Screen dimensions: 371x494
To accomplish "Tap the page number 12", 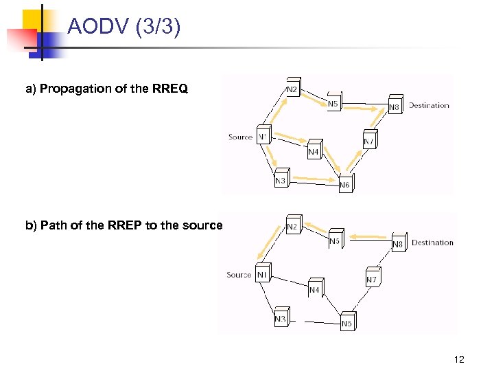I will click(x=459, y=360).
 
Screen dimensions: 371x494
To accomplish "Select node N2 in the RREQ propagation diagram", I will click(x=292, y=89).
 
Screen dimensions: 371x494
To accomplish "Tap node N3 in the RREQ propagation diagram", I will click(x=280, y=181).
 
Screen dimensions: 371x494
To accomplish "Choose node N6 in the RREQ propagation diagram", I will click(x=345, y=184).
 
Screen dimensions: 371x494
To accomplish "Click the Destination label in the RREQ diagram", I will click(x=429, y=105).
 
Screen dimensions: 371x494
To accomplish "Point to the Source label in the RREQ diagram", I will click(x=240, y=137).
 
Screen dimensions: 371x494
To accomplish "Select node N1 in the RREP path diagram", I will click(x=262, y=274).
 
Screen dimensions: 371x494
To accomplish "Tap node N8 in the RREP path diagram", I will click(x=398, y=243).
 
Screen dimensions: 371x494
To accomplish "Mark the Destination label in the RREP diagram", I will click(x=432, y=243).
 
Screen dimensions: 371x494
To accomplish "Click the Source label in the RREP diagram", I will click(x=239, y=275).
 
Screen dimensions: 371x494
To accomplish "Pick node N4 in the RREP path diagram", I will click(x=314, y=289).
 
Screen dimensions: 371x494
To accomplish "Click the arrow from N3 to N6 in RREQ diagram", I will click(x=313, y=180).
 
